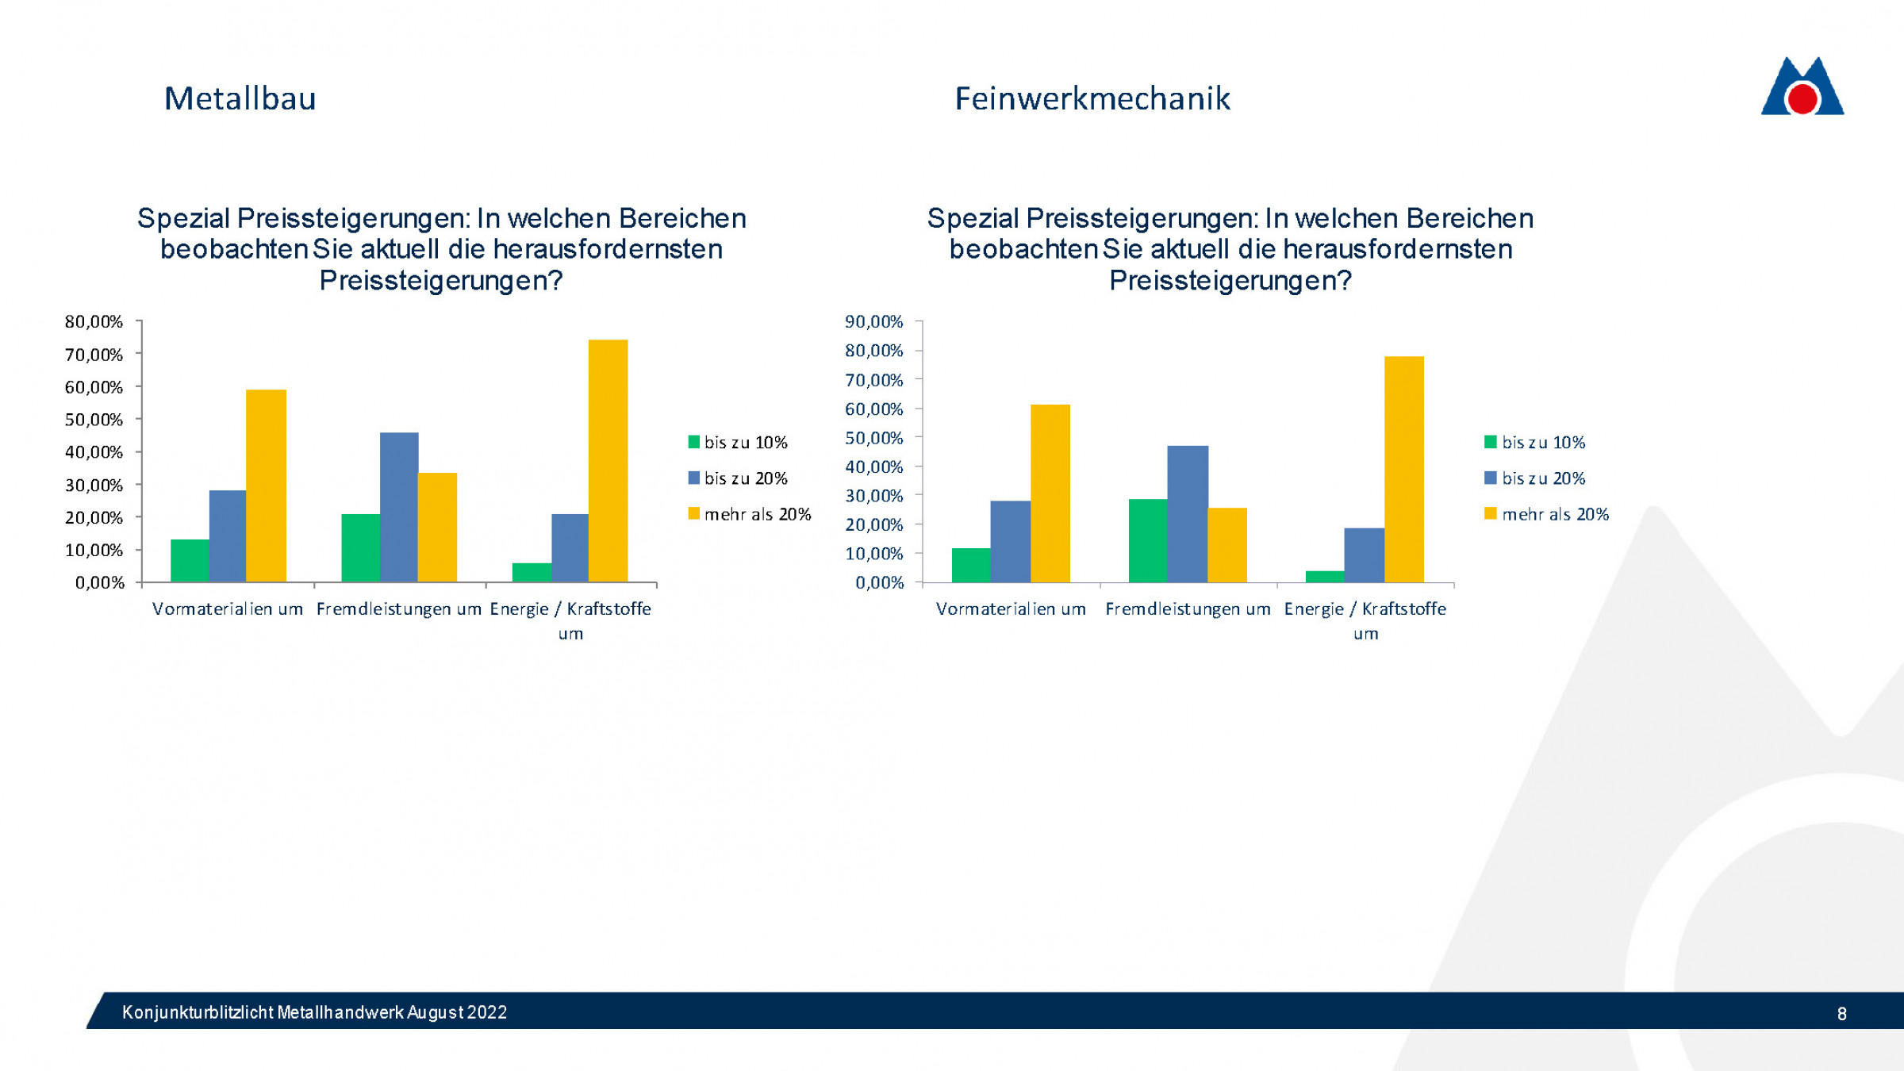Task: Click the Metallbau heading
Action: (x=240, y=99)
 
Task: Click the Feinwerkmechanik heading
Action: (x=1092, y=99)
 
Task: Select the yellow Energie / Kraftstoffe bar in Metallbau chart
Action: (x=608, y=460)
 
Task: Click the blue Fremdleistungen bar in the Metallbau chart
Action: (x=399, y=507)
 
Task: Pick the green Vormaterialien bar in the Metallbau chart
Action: (x=190, y=560)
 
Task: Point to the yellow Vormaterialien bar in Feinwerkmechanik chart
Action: (x=1050, y=493)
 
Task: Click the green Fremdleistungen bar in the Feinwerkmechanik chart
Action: (x=1147, y=540)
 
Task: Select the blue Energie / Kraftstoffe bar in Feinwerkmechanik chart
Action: (x=1363, y=555)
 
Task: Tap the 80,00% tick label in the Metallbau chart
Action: (x=94, y=321)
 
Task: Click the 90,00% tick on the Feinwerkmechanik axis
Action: (x=873, y=321)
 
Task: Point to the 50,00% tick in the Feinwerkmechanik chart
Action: (x=873, y=438)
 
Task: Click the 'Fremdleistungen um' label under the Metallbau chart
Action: (x=398, y=609)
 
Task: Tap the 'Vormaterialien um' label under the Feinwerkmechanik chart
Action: (x=1010, y=609)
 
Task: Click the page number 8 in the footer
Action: (x=1841, y=1013)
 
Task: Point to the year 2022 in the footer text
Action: (x=486, y=1012)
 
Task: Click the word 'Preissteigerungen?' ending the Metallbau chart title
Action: (x=440, y=280)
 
